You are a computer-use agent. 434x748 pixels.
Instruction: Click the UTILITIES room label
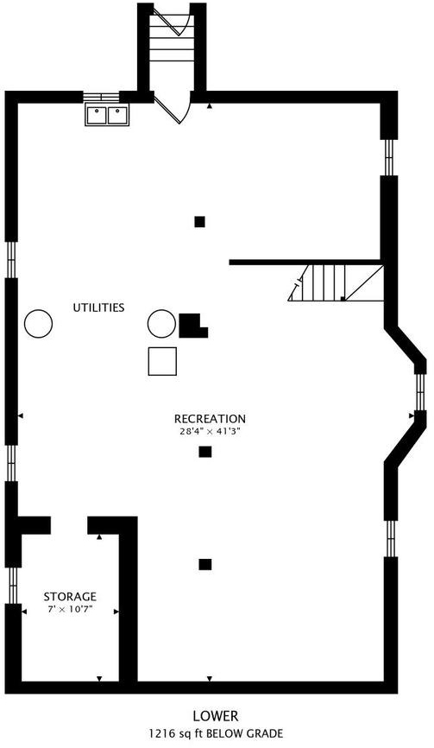pyautogui.click(x=98, y=307)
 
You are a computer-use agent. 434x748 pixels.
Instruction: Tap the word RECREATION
pyautogui.click(x=210, y=419)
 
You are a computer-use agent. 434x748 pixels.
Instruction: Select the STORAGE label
pyautogui.click(x=70, y=597)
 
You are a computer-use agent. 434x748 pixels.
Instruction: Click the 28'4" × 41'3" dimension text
pyautogui.click(x=210, y=432)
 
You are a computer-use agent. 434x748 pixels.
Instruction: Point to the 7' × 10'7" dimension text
pyautogui.click(x=70, y=609)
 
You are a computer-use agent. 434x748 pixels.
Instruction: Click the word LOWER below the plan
pyautogui.click(x=216, y=716)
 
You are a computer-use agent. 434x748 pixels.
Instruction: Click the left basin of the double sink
pyautogui.click(x=97, y=116)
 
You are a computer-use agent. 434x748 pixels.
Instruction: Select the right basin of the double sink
pyautogui.click(x=117, y=116)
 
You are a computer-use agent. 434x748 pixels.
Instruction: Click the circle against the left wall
pyautogui.click(x=39, y=323)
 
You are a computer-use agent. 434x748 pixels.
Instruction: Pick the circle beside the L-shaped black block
pyautogui.click(x=161, y=323)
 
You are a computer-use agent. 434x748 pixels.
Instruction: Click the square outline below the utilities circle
pyautogui.click(x=162, y=361)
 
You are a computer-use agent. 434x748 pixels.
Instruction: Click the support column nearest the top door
pyautogui.click(x=199, y=222)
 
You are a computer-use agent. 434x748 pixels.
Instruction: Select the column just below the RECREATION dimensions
pyautogui.click(x=204, y=452)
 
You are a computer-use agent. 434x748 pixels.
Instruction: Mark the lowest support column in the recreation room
pyautogui.click(x=204, y=564)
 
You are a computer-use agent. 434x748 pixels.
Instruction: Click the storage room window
pyautogui.click(x=13, y=586)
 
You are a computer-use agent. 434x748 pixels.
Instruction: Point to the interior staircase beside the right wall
pyautogui.click(x=336, y=283)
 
